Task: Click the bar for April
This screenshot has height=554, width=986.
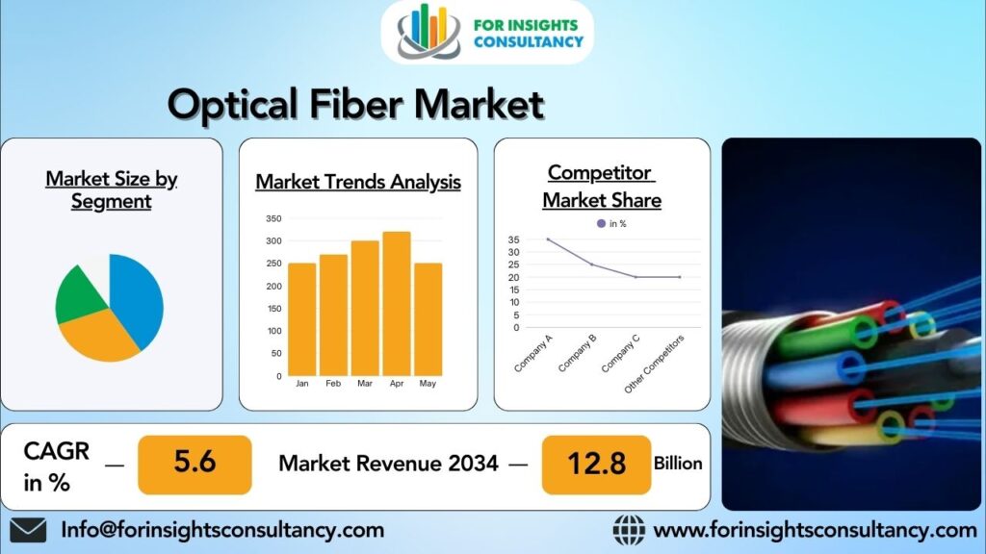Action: (x=396, y=303)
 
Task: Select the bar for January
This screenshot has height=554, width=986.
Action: (x=302, y=318)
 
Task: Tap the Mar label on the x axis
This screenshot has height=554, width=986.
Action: (x=365, y=383)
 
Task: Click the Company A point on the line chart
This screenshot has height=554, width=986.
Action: (x=548, y=239)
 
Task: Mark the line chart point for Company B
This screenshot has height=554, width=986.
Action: (x=591, y=264)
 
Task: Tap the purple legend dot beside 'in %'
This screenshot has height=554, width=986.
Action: (x=602, y=223)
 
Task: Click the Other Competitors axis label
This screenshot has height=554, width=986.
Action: (x=655, y=364)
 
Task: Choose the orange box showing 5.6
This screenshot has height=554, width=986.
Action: (x=195, y=464)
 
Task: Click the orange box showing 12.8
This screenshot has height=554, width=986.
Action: (x=596, y=464)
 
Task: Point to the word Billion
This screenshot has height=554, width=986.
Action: (x=678, y=463)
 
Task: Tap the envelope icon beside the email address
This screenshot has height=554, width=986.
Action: (x=29, y=530)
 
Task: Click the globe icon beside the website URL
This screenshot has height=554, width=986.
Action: (x=629, y=530)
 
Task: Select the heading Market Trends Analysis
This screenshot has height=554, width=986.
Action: (x=358, y=182)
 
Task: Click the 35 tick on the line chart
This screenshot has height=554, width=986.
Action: (x=513, y=239)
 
